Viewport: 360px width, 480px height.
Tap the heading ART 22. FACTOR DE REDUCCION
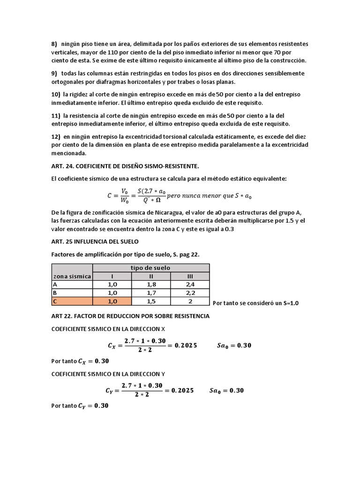(x=130, y=316)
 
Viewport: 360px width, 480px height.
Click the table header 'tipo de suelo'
(x=151, y=268)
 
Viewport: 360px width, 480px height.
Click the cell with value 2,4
(x=190, y=285)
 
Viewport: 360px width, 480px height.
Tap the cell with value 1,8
(x=151, y=285)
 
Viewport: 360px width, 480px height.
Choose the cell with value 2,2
(x=190, y=293)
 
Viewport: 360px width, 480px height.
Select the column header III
(x=190, y=277)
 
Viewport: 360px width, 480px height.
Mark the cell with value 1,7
(x=151, y=293)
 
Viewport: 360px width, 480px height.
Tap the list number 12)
(x=56, y=136)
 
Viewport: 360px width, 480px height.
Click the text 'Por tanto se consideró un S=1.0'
(x=255, y=303)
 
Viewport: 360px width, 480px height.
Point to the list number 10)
(x=56, y=94)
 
